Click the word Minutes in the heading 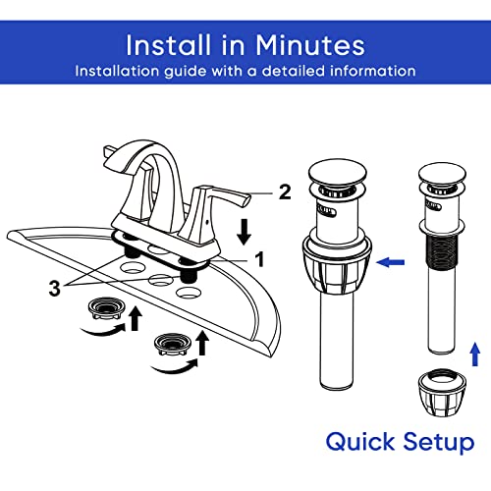point(309,45)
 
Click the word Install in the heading point(168,45)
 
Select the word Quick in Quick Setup point(360,443)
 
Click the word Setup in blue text point(439,443)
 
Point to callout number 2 point(285,191)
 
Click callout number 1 point(259,259)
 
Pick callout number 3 point(55,289)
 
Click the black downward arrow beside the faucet point(244,233)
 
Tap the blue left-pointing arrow point(391,262)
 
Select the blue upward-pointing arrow point(475,355)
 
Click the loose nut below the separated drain point(442,393)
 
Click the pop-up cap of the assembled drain point(337,174)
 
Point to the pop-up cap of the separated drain point(442,175)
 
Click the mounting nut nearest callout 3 point(107,308)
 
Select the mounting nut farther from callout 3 point(173,344)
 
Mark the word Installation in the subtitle point(117,71)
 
